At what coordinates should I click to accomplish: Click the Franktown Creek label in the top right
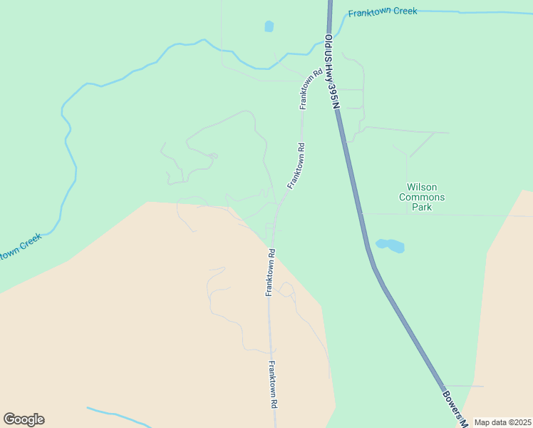pyautogui.click(x=383, y=12)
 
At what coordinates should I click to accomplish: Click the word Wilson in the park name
pyautogui.click(x=422, y=187)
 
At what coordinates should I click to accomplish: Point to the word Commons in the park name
pyautogui.click(x=422, y=198)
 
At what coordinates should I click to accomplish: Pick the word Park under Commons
pyautogui.click(x=422, y=208)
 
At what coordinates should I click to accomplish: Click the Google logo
pyautogui.click(x=24, y=419)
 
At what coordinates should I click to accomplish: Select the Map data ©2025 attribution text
pyautogui.click(x=502, y=422)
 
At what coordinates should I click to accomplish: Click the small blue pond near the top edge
pyautogui.click(x=269, y=26)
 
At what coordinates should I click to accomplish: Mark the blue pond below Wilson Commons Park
pyautogui.click(x=390, y=245)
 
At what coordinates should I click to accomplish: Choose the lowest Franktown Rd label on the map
pyautogui.click(x=273, y=384)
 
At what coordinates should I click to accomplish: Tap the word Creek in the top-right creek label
pyautogui.click(x=405, y=11)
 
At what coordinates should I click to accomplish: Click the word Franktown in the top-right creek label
pyautogui.click(x=370, y=13)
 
